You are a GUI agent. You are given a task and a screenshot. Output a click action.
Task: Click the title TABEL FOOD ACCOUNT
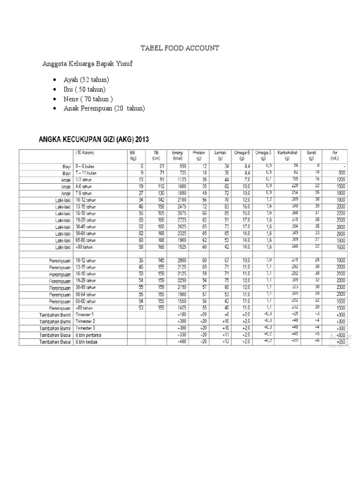point(180,48)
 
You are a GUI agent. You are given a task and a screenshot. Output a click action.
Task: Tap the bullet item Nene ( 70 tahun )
point(88,99)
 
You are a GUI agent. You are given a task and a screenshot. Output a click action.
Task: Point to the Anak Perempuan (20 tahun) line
point(104,108)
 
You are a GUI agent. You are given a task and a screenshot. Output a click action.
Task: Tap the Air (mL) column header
point(334,156)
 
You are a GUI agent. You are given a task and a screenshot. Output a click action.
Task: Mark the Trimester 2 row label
point(87,321)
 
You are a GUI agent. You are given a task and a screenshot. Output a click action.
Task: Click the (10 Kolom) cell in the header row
point(84,153)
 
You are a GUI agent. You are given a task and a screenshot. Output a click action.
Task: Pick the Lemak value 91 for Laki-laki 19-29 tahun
point(226,219)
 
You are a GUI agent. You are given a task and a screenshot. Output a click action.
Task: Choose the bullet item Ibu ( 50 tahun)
point(84,89)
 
